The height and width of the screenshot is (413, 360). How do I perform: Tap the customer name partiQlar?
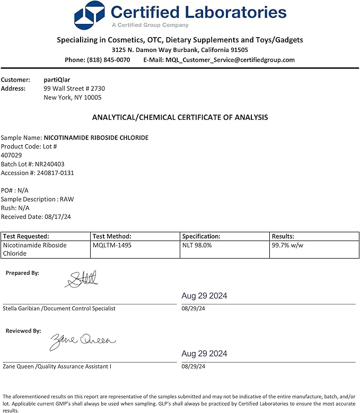57,80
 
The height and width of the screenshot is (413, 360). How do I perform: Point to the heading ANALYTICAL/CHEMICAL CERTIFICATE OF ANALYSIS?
180,117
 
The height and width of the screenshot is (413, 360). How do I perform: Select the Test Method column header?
112,236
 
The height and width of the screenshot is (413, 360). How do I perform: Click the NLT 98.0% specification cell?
197,245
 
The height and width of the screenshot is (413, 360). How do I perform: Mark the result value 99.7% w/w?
287,245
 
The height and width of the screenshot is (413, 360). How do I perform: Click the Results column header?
283,236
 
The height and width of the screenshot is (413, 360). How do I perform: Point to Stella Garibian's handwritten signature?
82,279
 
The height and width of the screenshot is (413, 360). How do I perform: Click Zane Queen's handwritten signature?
83,341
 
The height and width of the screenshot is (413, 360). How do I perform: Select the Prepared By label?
22,273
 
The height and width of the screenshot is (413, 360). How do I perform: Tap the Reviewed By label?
23,331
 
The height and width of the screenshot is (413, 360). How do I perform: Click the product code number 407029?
12,155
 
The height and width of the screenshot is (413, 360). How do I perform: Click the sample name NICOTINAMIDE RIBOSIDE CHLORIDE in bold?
96,137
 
